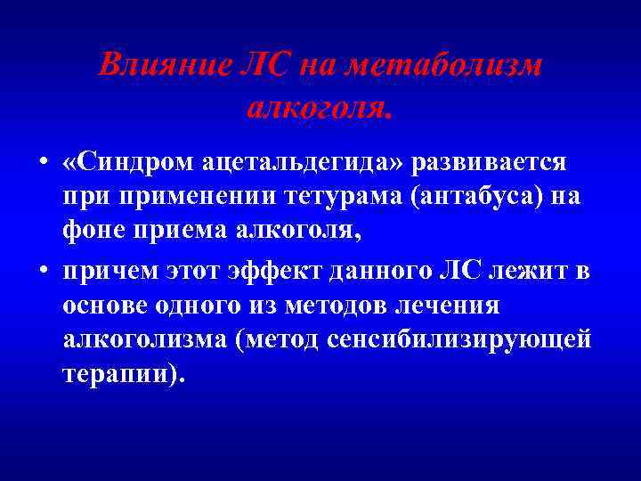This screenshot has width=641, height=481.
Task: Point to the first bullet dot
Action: pyautogui.click(x=42, y=165)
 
